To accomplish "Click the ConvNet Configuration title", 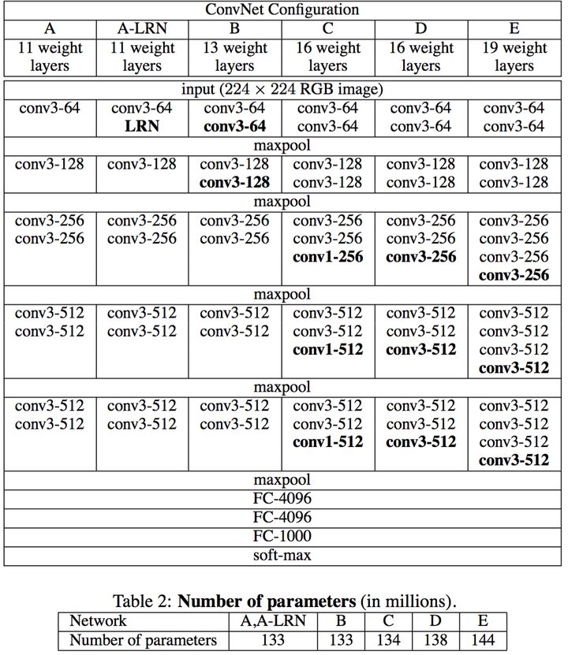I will (x=282, y=10).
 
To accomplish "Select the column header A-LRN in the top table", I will (x=142, y=30).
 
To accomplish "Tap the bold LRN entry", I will (x=142, y=126).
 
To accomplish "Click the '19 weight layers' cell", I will (x=514, y=57).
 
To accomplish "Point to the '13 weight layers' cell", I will (x=234, y=57).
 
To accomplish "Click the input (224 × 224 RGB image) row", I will (x=282, y=88).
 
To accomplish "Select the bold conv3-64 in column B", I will (x=234, y=126).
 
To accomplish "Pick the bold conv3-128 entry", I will (x=234, y=183).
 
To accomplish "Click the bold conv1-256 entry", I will (x=327, y=257).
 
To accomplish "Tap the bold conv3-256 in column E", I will (x=514, y=276).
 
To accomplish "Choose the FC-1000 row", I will (x=282, y=537).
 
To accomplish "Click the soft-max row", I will (x=282, y=556).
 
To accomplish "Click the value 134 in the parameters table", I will (x=388, y=640).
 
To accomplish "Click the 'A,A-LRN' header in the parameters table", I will (x=272, y=621).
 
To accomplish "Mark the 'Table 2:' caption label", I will (x=143, y=601).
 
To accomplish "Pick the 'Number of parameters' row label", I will (x=143, y=640).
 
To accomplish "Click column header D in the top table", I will (x=420, y=30).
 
